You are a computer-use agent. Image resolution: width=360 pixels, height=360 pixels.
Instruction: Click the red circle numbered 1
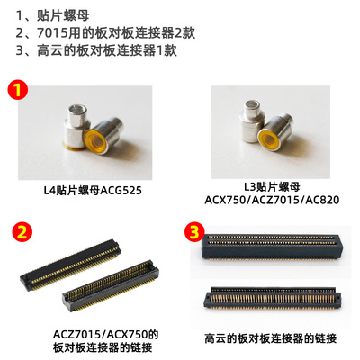point(16,89)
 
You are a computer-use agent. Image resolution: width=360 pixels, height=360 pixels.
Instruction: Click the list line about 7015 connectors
point(104,34)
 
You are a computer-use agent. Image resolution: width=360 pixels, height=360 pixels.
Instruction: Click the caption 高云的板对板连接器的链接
point(270,340)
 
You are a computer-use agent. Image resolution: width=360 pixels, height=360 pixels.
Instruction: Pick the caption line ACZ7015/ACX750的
point(97,334)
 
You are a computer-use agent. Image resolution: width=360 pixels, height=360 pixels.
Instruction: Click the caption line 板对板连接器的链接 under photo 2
point(97,349)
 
